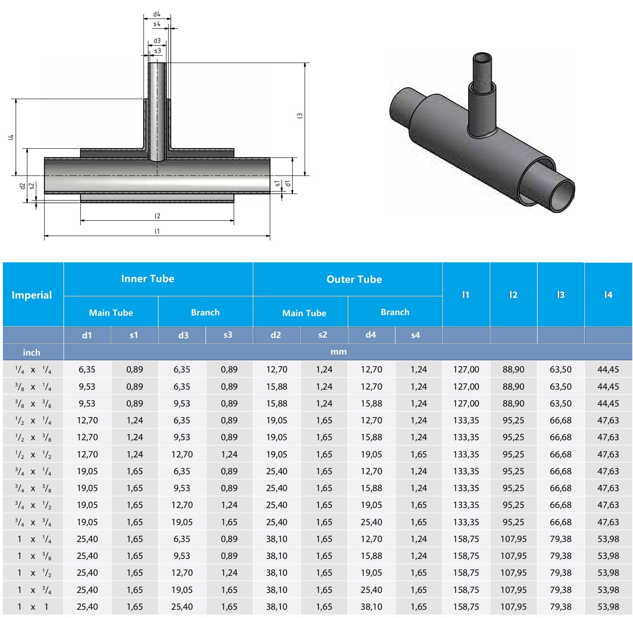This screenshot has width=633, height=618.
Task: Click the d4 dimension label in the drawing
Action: coord(157,14)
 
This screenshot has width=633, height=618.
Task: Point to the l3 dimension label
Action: coord(300,115)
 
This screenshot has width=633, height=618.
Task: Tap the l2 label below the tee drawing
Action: coord(157,216)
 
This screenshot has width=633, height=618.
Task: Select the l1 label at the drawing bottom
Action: coord(157,231)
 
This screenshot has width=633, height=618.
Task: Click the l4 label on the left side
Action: coord(11,137)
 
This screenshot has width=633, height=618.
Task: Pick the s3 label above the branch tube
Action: coord(158,51)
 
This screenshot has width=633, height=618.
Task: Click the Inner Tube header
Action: coord(148,279)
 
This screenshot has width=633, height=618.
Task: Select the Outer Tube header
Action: coord(354,279)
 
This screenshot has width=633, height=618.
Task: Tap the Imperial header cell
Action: coord(32,295)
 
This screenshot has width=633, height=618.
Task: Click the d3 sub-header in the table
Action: coord(183,335)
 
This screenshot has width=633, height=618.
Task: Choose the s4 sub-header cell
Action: coord(415,335)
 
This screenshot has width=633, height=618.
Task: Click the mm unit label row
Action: coord(338,352)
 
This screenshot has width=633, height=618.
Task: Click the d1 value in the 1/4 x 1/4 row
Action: coord(87,369)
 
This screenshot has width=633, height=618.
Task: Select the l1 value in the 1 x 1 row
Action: coord(466,607)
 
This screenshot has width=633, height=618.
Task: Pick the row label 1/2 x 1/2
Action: coord(33,454)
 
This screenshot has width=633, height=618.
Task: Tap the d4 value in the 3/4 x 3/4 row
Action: coord(371,522)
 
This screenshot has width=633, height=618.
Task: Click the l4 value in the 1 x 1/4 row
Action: coord(608,539)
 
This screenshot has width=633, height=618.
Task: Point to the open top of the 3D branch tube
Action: coord(482,58)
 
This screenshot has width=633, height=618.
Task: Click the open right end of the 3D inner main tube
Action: coord(562,196)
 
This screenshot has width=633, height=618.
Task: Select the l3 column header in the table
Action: coord(560,295)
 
